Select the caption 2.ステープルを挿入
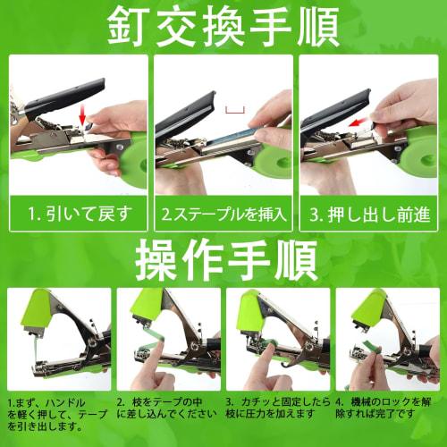(223, 215)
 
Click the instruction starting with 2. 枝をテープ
(166, 409)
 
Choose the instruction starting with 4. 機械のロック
(388, 409)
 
